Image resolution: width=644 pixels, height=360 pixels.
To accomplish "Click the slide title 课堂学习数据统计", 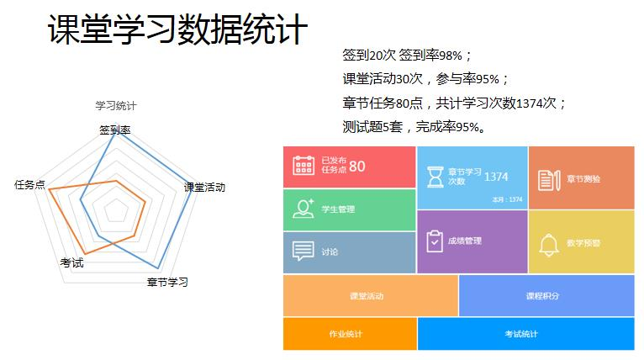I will point(178,30).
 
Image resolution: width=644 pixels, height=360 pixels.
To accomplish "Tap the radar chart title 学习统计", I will point(115,106).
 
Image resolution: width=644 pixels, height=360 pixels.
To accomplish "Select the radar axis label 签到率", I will point(114,130).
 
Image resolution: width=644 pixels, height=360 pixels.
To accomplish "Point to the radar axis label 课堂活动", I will point(204,187).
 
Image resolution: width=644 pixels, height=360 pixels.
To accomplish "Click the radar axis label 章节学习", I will point(167,282).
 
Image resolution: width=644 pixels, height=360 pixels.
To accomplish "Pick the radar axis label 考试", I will point(71,262).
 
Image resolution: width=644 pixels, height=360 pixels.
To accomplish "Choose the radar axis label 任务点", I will point(29,184).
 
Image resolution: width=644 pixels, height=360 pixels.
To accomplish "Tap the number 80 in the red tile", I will point(357,167).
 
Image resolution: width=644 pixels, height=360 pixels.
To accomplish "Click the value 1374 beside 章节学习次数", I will point(497,177).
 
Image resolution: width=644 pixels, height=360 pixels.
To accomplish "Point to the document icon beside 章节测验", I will point(548,179).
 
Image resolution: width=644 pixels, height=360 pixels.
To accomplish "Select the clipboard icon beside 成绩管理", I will point(434,241).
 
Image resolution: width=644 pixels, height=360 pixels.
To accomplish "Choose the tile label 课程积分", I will point(542,296).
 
